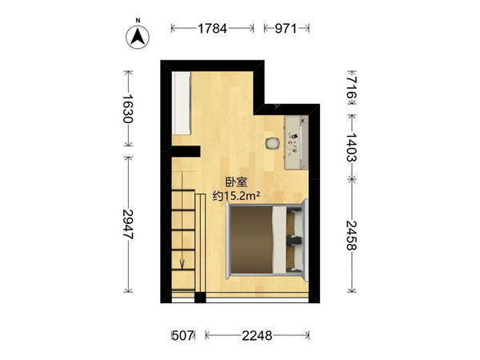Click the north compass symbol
(138, 37)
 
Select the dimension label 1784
(213, 29)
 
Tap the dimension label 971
(286, 29)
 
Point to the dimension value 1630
(128, 109)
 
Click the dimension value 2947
(128, 224)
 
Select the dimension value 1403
(352, 147)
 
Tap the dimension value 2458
(352, 235)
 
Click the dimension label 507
(182, 336)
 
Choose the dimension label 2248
(257, 336)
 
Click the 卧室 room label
(236, 182)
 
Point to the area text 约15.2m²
(236, 196)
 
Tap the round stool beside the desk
(272, 143)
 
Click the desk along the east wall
(296, 142)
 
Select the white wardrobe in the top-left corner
(182, 103)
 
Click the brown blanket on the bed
(251, 240)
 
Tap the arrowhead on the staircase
(182, 264)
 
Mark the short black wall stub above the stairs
(186, 151)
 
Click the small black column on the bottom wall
(200, 298)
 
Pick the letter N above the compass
(138, 21)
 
